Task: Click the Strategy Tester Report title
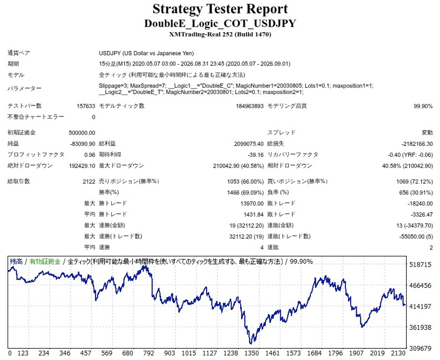point(220,9)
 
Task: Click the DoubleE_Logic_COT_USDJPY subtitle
point(220,23)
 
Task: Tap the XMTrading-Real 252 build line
point(220,35)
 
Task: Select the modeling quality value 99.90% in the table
point(423,106)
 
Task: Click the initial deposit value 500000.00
point(82,133)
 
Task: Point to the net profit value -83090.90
point(82,144)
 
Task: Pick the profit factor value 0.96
point(90,155)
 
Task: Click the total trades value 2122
point(89,182)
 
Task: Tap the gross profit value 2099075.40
point(249,144)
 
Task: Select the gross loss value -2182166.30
point(417,144)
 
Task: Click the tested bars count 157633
point(86,106)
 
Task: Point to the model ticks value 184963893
point(250,106)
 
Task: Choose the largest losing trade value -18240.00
point(420,204)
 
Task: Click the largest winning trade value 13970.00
point(252,204)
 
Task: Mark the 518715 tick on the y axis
point(420,264)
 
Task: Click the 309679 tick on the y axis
point(420,348)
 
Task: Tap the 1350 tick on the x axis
point(251,353)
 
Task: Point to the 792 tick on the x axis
point(149,353)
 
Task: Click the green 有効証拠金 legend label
point(45,262)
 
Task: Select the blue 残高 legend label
point(16,262)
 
